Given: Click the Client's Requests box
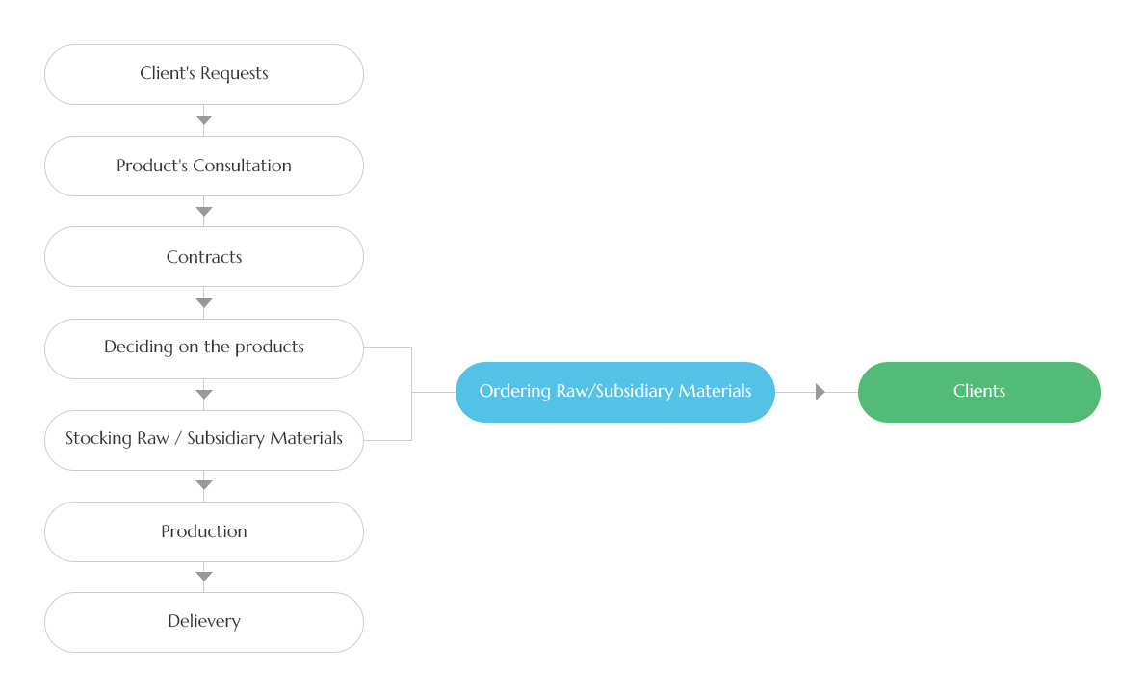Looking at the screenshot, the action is [204, 74].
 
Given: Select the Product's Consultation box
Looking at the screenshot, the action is [204, 166].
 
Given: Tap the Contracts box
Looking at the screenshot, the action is [204, 256].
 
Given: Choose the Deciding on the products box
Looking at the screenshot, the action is [204, 348].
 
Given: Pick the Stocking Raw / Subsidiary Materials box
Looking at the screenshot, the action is [204, 440].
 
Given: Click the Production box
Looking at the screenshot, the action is [204, 531].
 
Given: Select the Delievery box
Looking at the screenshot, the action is [204, 623].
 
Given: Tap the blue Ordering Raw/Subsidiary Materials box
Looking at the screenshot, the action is [614, 393].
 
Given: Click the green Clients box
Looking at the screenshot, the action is [978, 393].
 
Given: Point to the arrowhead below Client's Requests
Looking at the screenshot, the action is [204, 119].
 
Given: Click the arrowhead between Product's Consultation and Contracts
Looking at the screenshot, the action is [204, 212].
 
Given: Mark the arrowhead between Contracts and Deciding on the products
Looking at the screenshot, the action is [204, 303].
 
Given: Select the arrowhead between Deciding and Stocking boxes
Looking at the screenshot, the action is [204, 395].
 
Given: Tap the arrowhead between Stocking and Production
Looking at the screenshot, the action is [204, 485].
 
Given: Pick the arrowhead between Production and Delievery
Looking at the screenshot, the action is [204, 577].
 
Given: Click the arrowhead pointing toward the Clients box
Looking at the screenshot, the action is [820, 393].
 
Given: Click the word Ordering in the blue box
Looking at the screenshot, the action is [515, 392].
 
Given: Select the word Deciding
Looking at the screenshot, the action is [139, 347].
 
